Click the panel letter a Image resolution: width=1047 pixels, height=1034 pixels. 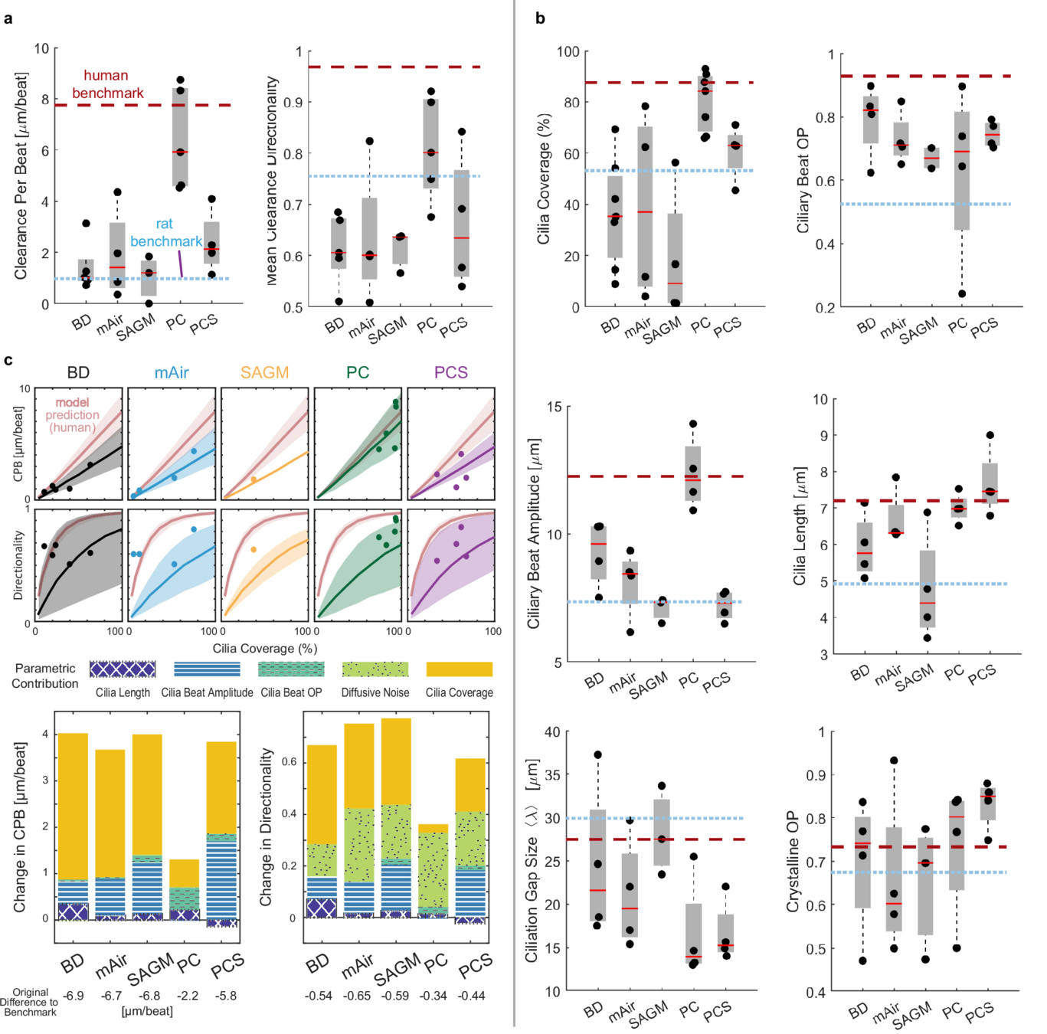[8, 18]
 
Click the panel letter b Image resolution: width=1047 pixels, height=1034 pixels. [540, 18]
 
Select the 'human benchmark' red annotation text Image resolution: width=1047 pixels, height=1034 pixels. [107, 84]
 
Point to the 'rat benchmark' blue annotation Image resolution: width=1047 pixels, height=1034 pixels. [165, 233]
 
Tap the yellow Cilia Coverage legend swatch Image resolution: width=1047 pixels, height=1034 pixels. [459, 669]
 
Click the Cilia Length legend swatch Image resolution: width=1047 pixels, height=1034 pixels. [123, 669]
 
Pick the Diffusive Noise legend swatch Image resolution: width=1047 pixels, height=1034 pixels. [375, 669]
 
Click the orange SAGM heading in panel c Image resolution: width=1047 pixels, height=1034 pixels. [264, 372]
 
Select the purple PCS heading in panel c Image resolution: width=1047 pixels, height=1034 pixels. [450, 372]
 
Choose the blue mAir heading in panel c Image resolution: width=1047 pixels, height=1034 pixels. [172, 372]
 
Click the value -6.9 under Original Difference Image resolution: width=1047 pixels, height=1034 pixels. [74, 996]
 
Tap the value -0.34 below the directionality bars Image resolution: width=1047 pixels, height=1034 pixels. [434, 996]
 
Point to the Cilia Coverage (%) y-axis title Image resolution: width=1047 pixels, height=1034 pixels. [544, 179]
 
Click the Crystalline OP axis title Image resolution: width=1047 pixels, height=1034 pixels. [793, 862]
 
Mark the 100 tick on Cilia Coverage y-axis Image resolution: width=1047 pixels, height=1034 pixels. [568, 51]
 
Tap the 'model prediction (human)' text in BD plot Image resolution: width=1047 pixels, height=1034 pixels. [72, 415]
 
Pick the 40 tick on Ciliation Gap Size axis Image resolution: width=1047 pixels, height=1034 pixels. [552, 731]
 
